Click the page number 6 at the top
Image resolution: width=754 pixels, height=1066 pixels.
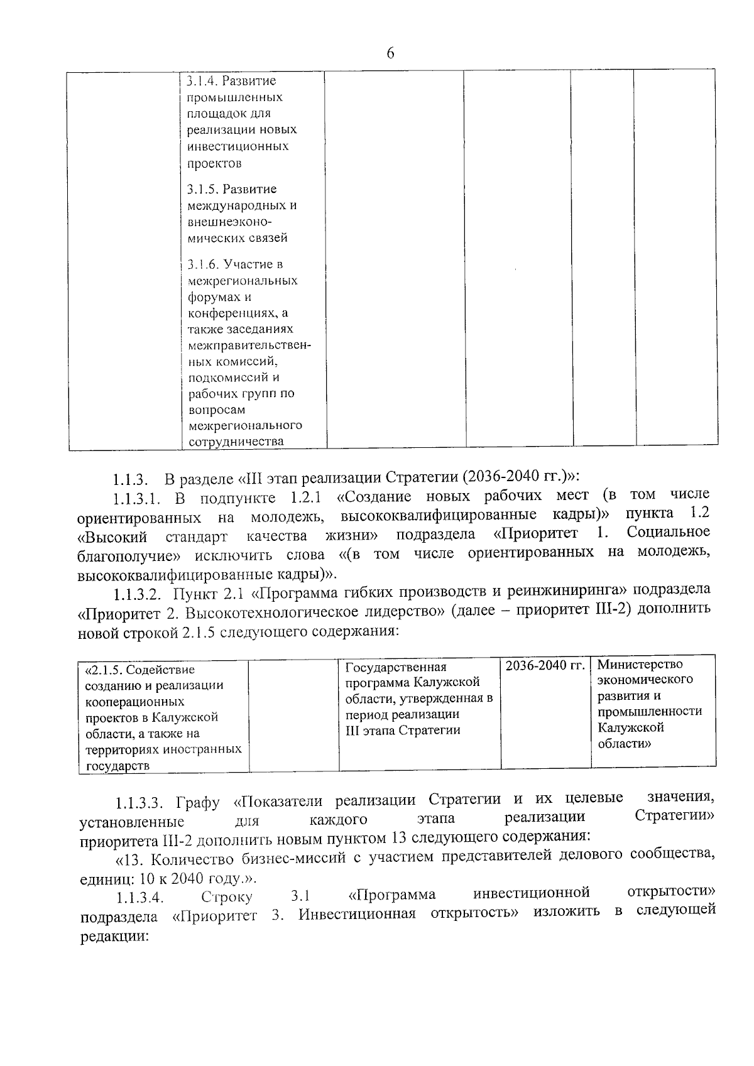390,53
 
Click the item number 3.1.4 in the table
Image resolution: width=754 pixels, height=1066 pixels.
204,81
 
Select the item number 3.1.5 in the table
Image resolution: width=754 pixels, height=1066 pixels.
204,189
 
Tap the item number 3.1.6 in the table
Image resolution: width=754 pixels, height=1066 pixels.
204,264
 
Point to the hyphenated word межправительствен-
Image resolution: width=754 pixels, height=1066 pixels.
249,345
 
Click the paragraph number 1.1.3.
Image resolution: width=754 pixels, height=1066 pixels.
130,481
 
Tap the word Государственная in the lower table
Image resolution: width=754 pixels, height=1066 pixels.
396,667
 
